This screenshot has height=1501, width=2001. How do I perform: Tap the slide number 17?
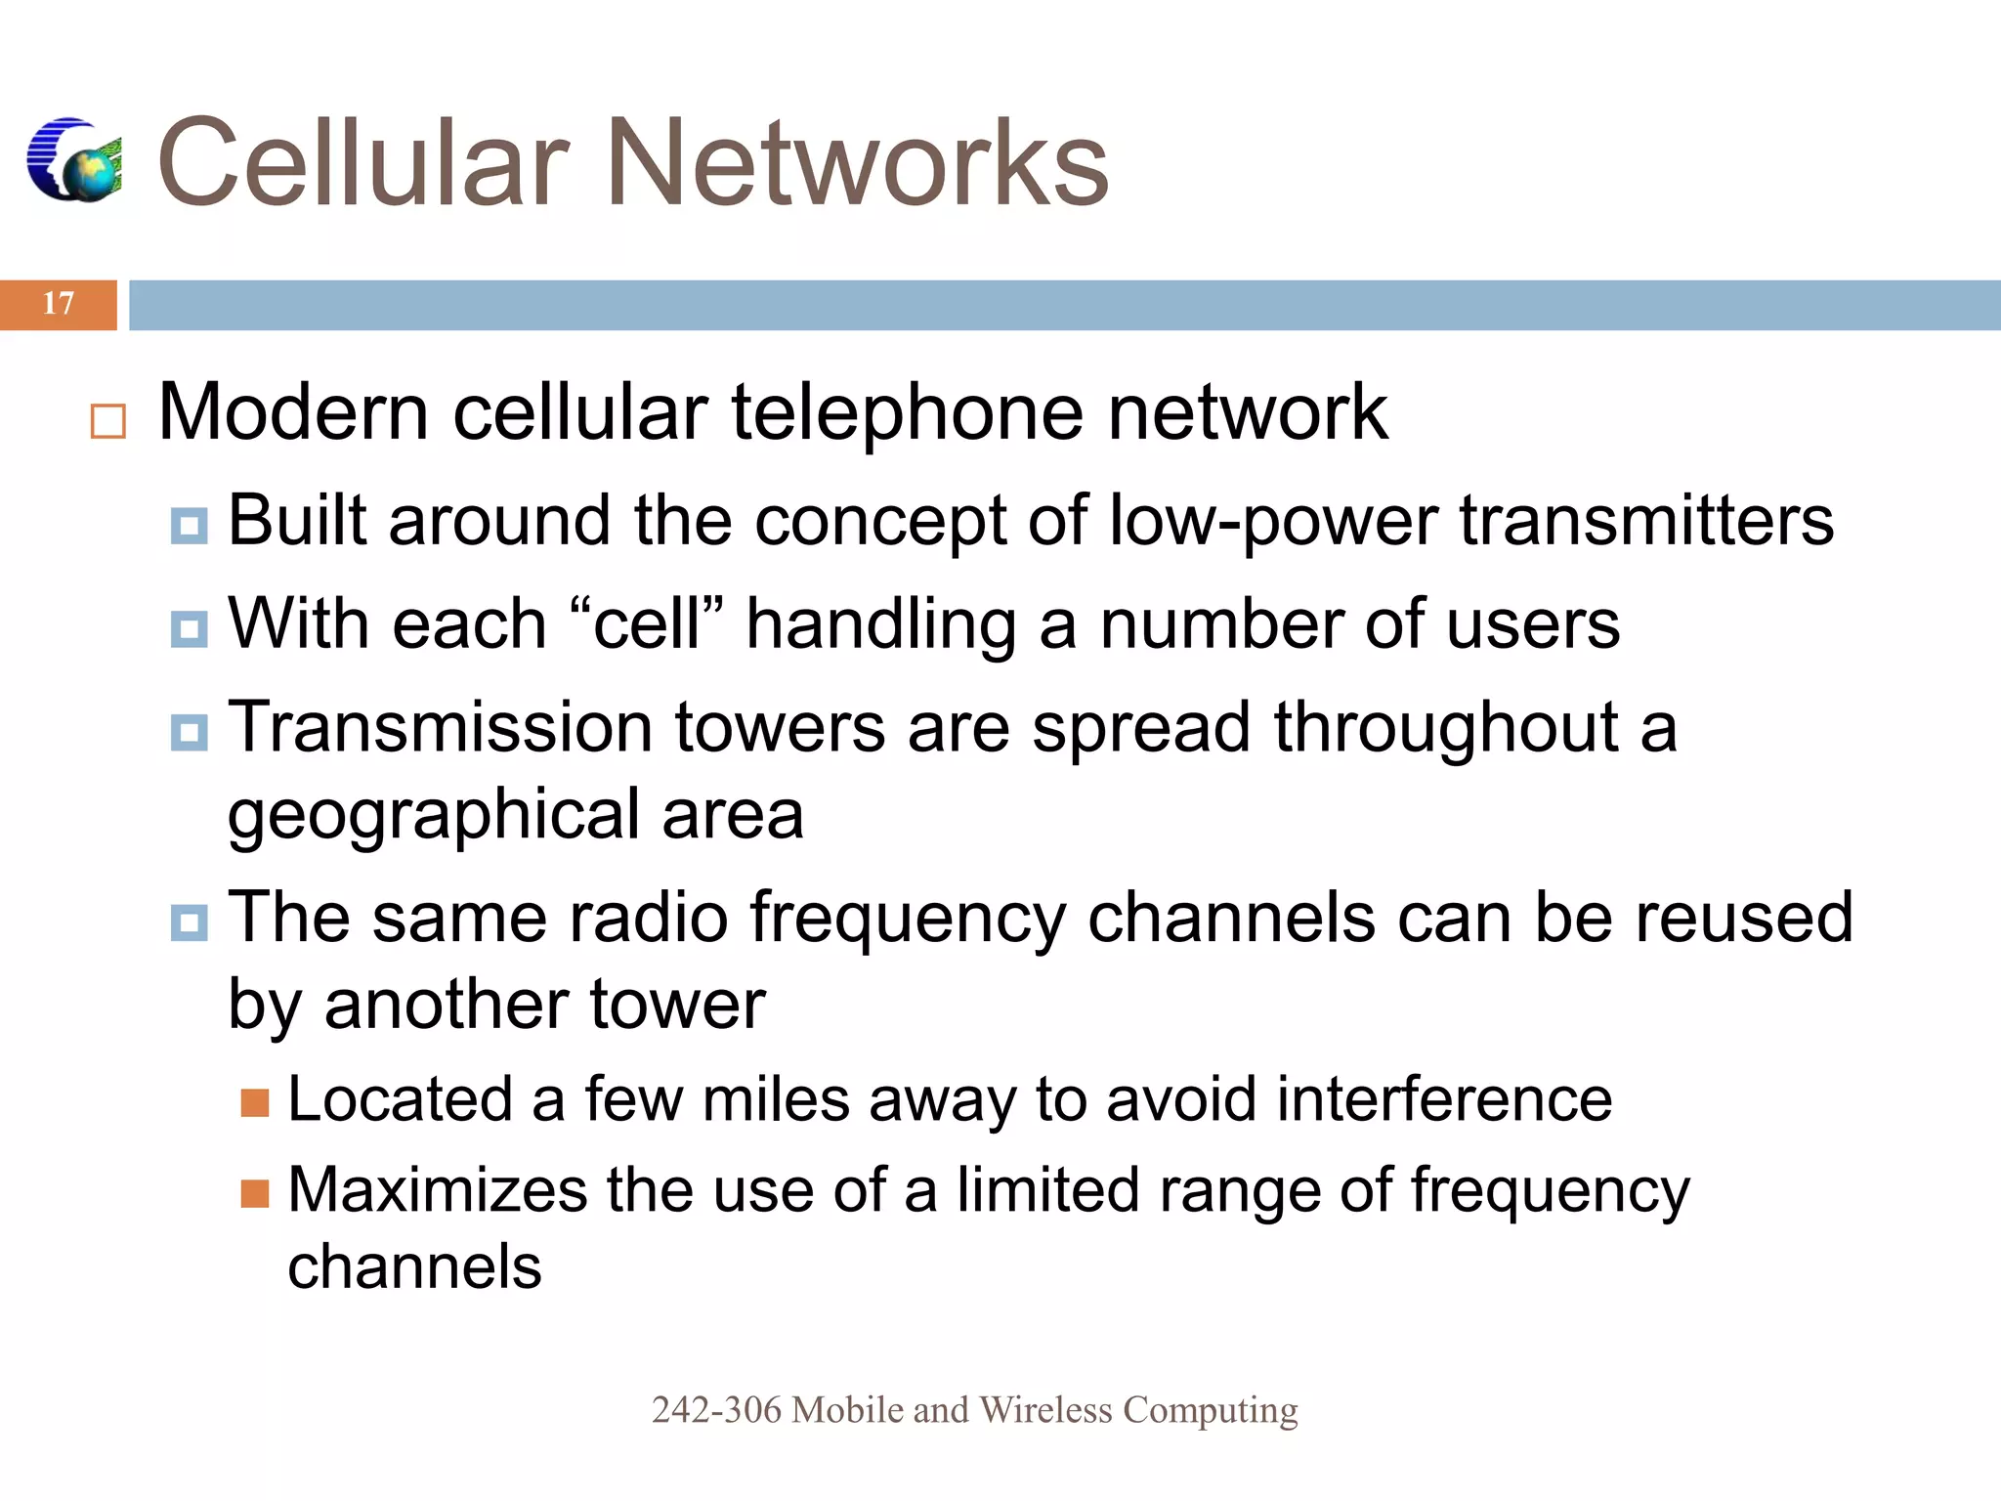coord(59,304)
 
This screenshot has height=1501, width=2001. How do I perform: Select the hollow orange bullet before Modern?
coord(107,421)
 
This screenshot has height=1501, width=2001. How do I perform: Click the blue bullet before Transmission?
coord(189,732)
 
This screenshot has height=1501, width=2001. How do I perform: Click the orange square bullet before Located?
coord(255,1103)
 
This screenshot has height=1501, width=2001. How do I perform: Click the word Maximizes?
coord(437,1190)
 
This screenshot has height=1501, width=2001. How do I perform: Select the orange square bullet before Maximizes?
coord(255,1193)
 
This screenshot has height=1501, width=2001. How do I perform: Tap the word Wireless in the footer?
coord(1045,1410)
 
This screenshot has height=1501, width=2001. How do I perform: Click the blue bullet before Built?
coord(189,526)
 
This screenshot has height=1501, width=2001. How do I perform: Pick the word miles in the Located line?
coord(776,1099)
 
